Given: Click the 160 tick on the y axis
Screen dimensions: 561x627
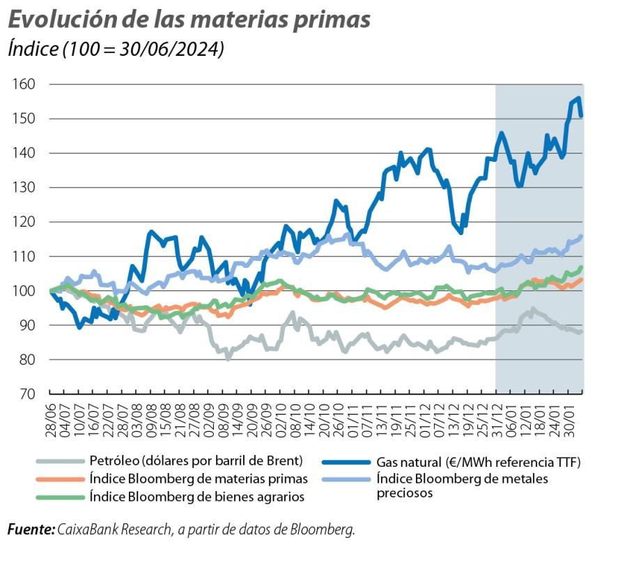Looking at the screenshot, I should click(24, 84).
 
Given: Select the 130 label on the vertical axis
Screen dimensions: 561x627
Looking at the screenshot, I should click(24, 188).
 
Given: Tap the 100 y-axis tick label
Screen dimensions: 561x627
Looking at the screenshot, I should click(24, 291).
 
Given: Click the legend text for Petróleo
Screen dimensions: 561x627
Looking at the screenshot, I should click(196, 461).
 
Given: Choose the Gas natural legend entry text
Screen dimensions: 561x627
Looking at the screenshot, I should click(478, 461).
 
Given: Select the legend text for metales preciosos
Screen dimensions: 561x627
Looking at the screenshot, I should click(462, 486).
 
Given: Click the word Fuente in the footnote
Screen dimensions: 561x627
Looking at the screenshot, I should click(30, 530).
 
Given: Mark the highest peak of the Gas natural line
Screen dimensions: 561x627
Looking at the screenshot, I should click(578, 98).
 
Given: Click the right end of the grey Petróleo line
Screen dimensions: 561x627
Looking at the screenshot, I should click(582, 332).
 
